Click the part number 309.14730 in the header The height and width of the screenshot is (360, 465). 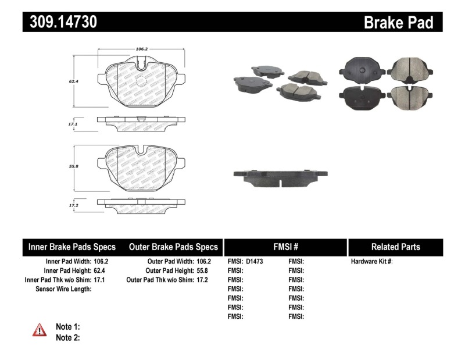point(60,22)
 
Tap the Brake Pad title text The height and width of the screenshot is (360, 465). point(399,22)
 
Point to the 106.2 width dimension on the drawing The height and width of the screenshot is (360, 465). point(140,49)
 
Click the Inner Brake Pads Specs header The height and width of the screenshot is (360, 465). point(72,247)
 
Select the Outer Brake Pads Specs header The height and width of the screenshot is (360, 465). point(173,247)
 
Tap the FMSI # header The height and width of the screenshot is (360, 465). point(285,247)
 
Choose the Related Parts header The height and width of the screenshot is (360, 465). point(395,247)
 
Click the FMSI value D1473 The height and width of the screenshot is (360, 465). point(255,262)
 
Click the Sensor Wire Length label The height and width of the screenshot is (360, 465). point(63,289)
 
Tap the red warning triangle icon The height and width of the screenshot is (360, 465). point(40,330)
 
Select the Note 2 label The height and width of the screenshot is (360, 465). point(67,337)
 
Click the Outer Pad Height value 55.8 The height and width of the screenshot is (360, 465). point(201,271)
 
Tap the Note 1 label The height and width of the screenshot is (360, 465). point(67,326)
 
